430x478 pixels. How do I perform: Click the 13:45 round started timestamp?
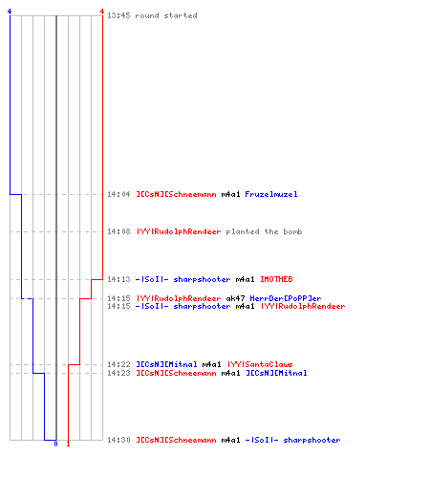coord(118,15)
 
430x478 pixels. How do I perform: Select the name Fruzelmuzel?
coord(271,194)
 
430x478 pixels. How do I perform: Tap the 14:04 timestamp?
coord(118,194)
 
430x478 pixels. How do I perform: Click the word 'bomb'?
coord(292,231)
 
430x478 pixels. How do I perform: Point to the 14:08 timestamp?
coord(118,231)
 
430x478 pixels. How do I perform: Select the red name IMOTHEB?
coord(276,279)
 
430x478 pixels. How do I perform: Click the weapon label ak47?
coord(235,298)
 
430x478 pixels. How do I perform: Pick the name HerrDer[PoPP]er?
coord(286,298)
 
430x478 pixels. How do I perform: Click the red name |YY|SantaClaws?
coord(260,364)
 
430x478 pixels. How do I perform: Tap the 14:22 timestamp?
coord(118,364)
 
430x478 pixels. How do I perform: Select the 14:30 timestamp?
coord(118,440)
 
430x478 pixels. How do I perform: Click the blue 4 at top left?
coord(10,11)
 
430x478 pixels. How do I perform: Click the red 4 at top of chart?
coord(102,11)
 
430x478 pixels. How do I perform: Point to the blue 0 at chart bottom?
coord(55,444)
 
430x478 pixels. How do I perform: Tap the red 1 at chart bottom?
coord(68,444)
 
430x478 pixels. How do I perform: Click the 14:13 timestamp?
coord(118,279)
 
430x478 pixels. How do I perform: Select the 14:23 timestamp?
coord(118,373)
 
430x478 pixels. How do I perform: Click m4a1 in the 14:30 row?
coord(230,440)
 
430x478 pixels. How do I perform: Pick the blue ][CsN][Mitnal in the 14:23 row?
coord(276,373)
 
